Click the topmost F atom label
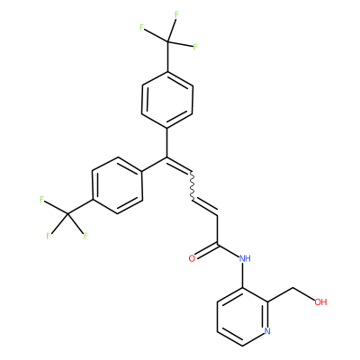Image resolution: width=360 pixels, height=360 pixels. (176, 14)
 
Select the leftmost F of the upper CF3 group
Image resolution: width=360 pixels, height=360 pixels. (141, 28)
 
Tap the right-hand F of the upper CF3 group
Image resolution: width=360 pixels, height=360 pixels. (195, 47)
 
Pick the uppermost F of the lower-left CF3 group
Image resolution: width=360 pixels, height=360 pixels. (42, 199)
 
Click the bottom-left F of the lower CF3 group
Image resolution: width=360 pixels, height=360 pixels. (49, 236)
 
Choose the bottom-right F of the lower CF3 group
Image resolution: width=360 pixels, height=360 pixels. (85, 236)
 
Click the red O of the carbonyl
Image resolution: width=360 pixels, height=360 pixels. (192, 258)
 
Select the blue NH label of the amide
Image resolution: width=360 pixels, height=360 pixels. (245, 258)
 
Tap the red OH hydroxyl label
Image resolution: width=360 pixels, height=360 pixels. (320, 301)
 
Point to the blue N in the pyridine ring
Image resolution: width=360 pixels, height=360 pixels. (267, 331)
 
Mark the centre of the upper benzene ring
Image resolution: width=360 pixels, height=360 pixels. (167, 100)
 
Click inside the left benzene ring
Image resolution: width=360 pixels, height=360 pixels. (117, 185)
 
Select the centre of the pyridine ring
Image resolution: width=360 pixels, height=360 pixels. (242, 317)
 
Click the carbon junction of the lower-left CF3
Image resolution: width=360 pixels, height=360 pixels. (67, 214)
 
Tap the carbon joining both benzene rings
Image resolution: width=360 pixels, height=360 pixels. (166, 157)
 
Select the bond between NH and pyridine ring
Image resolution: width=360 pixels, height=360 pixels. (242, 275)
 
